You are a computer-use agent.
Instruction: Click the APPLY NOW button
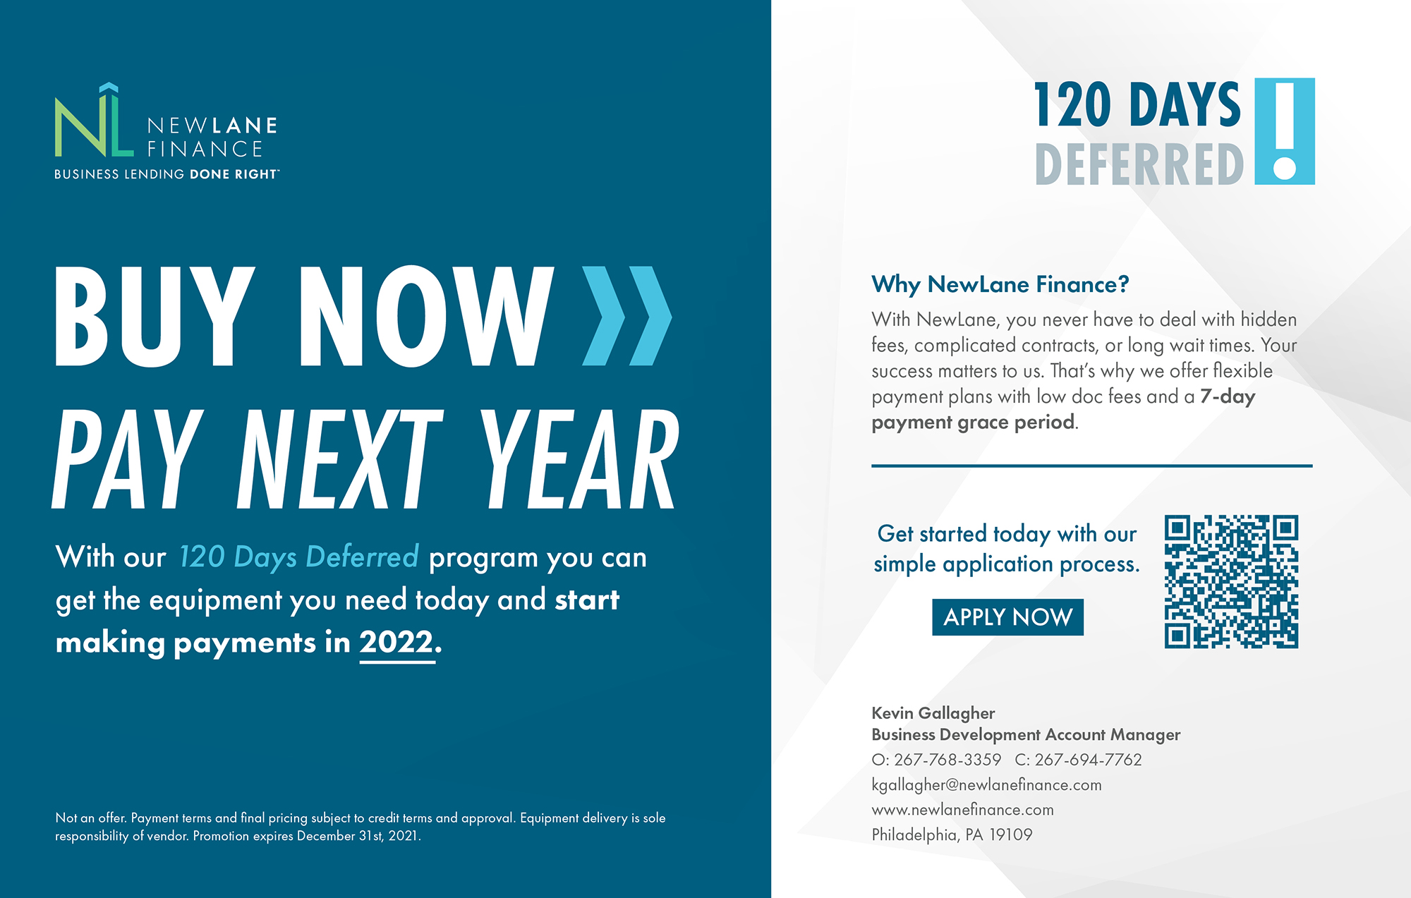[1007, 617]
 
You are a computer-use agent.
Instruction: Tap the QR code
[1231, 581]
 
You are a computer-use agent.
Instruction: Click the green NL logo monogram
[94, 121]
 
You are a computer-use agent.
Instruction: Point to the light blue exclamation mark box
[1285, 131]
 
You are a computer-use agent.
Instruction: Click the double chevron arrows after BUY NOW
[626, 315]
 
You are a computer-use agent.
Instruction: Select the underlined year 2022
[396, 642]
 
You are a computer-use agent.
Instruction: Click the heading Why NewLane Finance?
[1000, 284]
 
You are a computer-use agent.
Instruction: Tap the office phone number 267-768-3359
[947, 760]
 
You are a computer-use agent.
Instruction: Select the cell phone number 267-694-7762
[1088, 760]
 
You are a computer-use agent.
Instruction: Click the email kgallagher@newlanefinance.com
[986, 785]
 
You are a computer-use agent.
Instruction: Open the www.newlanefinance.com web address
[962, 810]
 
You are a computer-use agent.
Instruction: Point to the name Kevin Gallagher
[933, 713]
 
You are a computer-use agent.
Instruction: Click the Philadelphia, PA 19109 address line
[952, 835]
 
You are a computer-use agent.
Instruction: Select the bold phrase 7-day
[1228, 396]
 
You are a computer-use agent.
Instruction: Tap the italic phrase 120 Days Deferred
[298, 557]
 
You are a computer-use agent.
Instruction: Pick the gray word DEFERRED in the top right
[1139, 164]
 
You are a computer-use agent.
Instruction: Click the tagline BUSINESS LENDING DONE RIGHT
[166, 174]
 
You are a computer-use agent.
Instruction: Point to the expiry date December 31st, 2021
[358, 836]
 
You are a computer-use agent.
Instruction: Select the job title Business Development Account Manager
[1026, 735]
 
